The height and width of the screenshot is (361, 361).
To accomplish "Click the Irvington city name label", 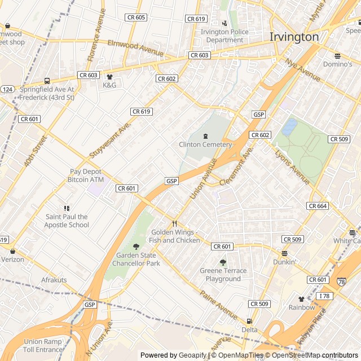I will [294, 37].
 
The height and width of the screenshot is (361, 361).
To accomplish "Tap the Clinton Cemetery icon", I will [205, 136].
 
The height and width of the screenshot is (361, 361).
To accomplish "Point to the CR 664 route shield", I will [318, 206].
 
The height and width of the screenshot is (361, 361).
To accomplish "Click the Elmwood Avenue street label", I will [135, 48].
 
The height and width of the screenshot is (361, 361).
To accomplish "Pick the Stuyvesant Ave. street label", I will [110, 139].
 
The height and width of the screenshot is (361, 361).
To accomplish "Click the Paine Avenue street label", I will [218, 305].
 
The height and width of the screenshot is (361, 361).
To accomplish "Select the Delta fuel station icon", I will [249, 320].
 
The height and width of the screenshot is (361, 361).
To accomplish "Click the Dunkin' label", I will [284, 262].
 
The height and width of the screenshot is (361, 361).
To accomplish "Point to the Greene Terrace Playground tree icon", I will [223, 262].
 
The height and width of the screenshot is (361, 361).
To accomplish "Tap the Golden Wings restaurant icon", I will [174, 223].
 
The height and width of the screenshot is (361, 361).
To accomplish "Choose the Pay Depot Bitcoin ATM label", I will [87, 175].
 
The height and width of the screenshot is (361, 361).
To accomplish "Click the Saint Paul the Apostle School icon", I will [67, 209].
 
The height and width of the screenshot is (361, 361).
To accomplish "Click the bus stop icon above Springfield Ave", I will [47, 81].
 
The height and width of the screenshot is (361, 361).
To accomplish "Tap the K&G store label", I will [109, 85].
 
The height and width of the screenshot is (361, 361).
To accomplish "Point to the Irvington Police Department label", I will [224, 36].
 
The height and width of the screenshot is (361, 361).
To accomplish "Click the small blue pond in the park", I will [289, 126].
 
